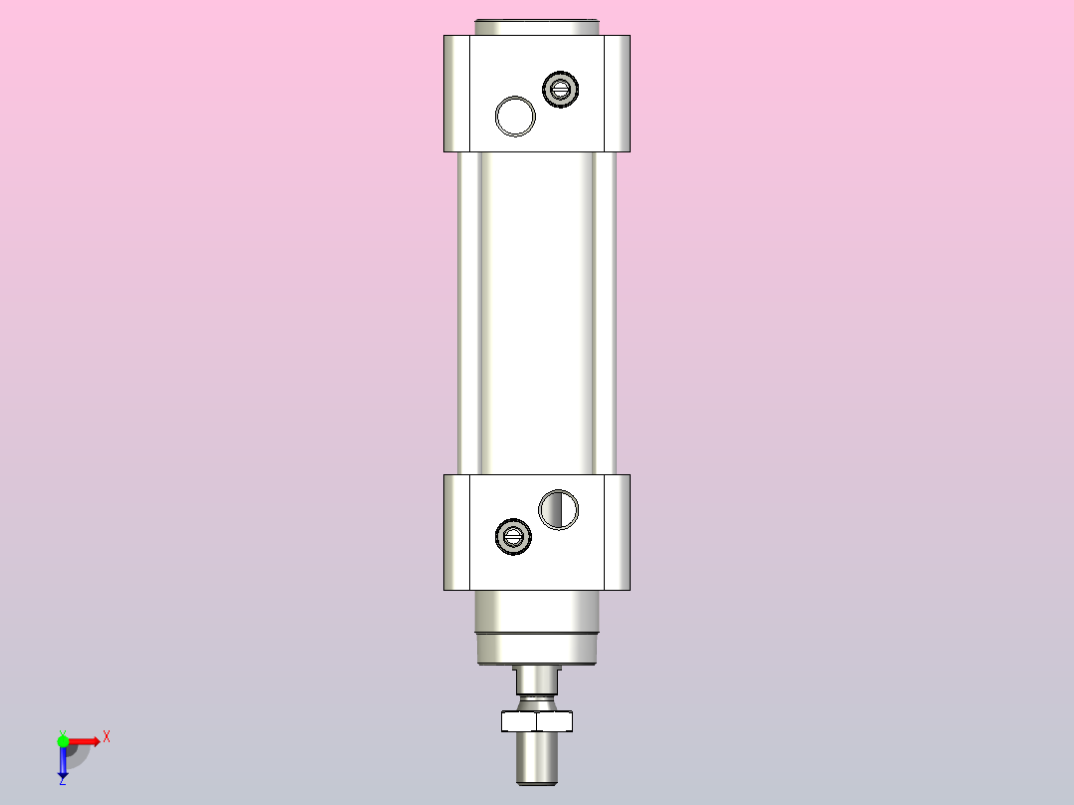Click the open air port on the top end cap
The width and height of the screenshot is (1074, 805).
(515, 116)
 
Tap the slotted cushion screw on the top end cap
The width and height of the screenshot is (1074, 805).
(560, 89)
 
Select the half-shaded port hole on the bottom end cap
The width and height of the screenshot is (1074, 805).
(558, 509)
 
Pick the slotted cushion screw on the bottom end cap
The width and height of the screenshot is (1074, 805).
(513, 537)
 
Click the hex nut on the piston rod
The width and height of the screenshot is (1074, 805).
(537, 720)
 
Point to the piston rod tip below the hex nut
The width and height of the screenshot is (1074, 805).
(537, 759)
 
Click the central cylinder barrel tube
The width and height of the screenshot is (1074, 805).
(537, 314)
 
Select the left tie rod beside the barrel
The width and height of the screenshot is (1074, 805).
(468, 314)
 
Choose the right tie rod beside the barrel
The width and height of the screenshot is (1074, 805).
(606, 314)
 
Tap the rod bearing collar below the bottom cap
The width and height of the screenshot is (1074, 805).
(537, 628)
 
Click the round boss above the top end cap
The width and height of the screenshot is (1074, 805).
(537, 26)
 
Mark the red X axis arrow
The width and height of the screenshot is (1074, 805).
(86, 740)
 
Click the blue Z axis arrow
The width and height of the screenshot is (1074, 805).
(63, 763)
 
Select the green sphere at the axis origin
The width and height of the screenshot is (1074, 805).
(63, 740)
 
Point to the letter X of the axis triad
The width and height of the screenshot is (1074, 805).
(107, 737)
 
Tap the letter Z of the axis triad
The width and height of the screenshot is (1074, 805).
(62, 782)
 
